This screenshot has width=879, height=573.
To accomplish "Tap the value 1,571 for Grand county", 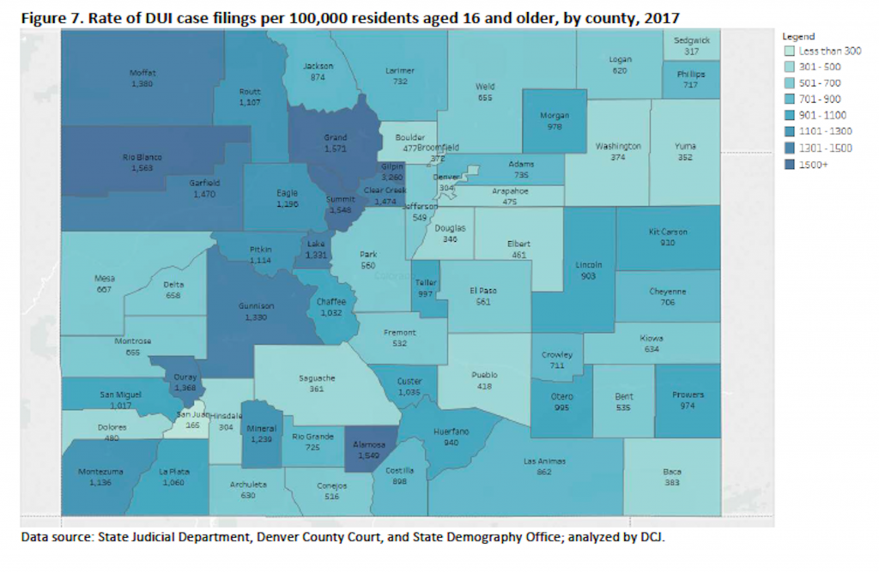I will [x=336, y=148].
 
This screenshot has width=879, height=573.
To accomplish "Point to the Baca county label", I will [x=672, y=472].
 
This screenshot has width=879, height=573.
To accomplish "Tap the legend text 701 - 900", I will [x=823, y=100].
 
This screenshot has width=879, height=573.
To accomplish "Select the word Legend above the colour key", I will [x=797, y=36].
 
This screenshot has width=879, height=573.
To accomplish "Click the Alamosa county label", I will [x=372, y=444].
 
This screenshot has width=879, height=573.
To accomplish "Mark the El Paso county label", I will [x=485, y=291].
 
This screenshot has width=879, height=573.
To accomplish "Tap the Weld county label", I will [x=486, y=87].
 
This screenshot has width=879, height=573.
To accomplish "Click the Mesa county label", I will [x=105, y=278].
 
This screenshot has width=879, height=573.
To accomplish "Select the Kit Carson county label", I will [x=668, y=232].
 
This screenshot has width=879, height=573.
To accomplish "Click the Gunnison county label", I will [x=258, y=306].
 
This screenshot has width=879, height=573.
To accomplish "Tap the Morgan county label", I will [x=555, y=116].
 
